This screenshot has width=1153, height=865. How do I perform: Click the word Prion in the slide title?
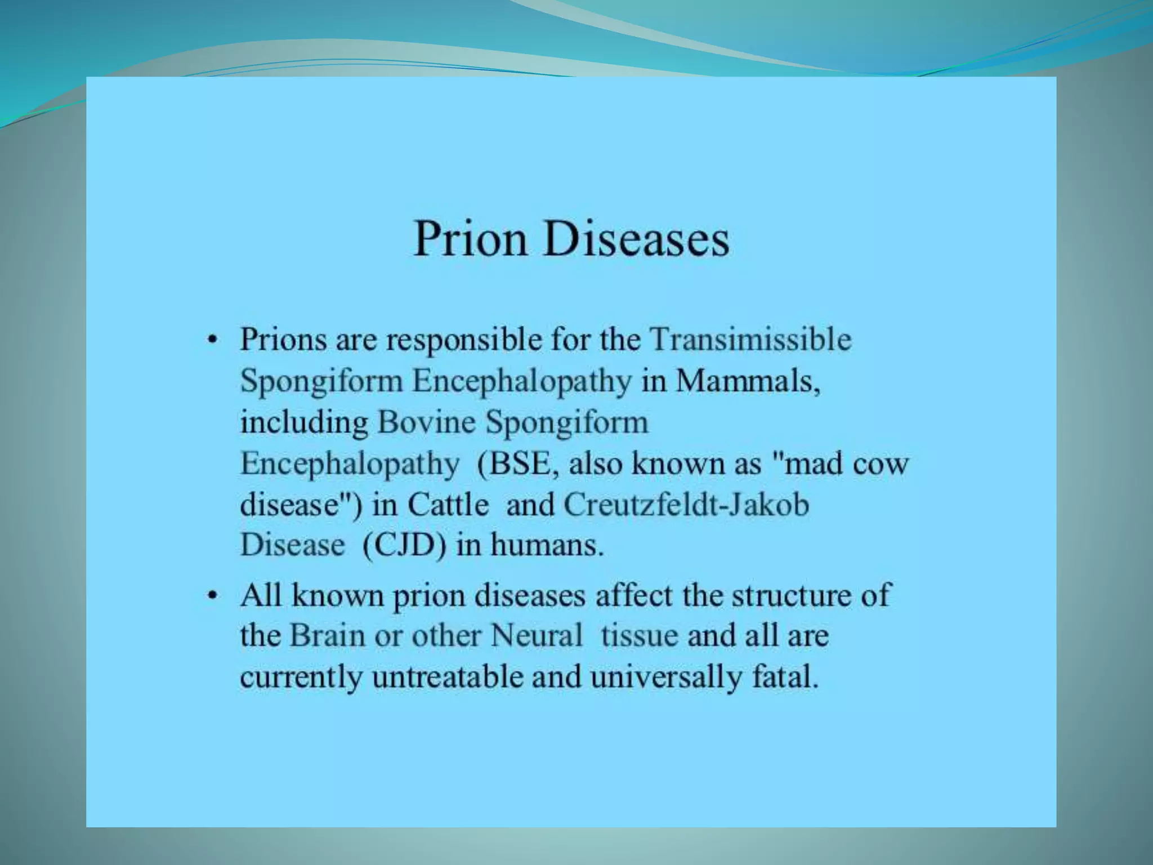470,239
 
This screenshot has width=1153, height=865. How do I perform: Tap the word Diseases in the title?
634,239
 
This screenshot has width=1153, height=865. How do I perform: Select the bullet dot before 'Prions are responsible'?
211,341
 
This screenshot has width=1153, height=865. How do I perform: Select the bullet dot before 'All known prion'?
211,596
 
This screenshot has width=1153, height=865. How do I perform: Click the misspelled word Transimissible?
750,340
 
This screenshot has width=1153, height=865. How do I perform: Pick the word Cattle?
448,505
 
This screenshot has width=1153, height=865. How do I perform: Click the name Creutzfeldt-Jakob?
686,505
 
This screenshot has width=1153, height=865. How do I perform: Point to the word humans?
547,546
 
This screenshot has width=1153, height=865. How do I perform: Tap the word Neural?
536,636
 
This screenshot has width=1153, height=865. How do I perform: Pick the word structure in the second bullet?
796,595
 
